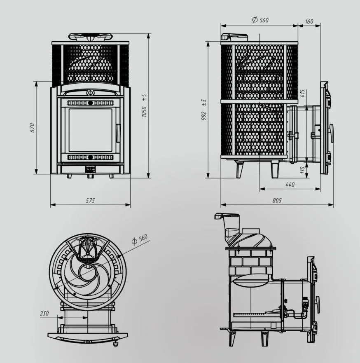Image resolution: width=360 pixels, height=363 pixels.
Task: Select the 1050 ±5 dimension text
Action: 144,105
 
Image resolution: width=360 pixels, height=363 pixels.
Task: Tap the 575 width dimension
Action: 90,201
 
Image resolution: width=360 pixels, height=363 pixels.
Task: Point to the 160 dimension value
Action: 309,21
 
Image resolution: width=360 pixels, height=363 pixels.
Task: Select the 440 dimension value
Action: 290,185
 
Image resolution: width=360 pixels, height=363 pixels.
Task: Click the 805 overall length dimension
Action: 277,201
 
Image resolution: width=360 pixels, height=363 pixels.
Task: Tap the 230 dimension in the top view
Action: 44,314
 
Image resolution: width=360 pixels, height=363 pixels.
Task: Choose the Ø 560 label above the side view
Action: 259,20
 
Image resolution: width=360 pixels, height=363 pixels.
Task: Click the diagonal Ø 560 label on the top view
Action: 139,240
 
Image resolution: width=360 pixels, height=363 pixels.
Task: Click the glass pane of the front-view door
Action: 90,130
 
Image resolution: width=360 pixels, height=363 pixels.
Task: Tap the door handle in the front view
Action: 119,133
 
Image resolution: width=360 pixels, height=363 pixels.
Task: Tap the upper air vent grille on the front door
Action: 90,103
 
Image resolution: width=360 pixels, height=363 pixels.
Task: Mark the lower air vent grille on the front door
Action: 90,157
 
